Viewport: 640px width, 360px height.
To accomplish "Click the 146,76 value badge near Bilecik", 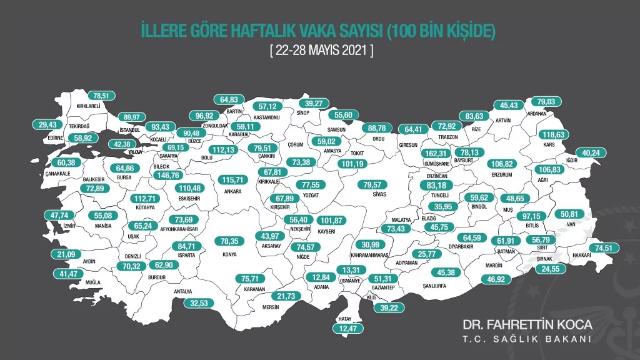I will point(177,176).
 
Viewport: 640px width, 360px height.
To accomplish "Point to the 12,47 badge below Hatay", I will point(351,328).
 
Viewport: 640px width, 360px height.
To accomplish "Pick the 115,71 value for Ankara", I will point(236,179).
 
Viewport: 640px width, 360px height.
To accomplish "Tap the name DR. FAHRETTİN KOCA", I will point(527,326).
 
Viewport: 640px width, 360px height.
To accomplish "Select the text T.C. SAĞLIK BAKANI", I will point(527,340).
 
